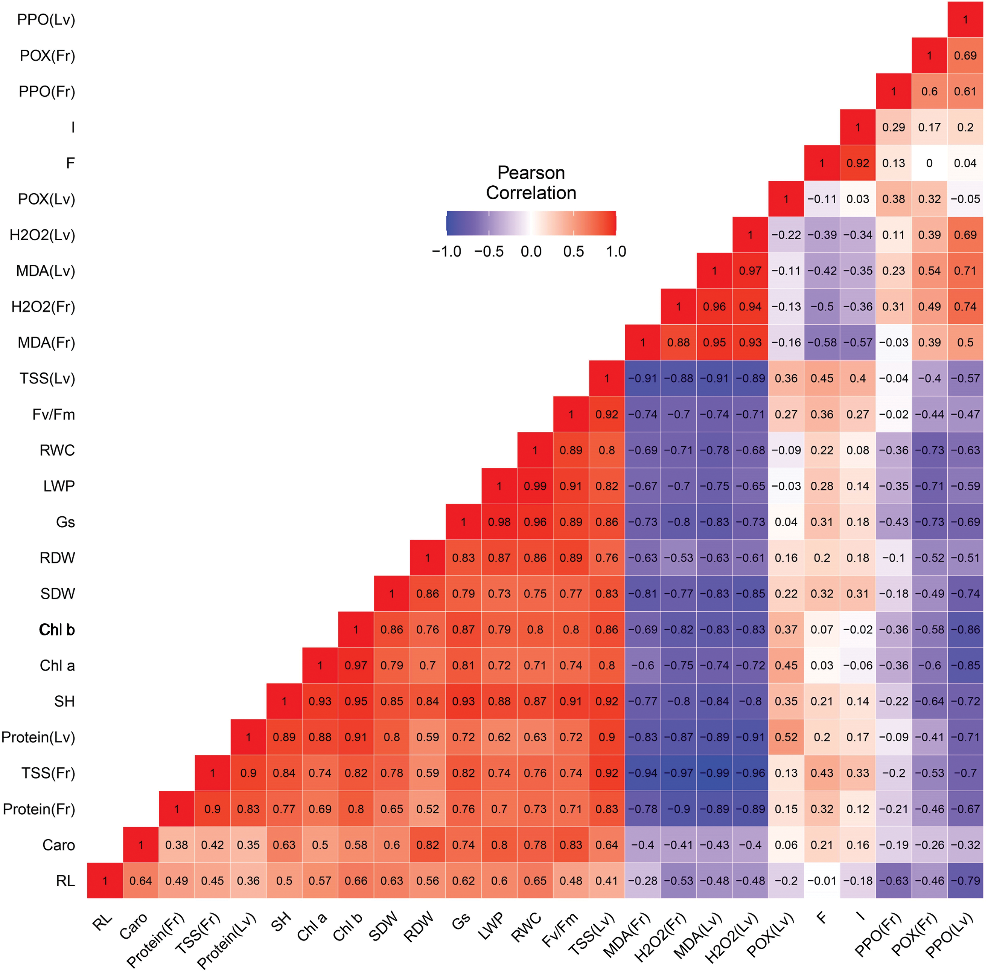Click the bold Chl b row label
click(x=57, y=630)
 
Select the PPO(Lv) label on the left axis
click(x=46, y=20)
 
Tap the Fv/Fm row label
click(x=53, y=415)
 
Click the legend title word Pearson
click(x=531, y=173)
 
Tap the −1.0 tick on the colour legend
click(x=446, y=252)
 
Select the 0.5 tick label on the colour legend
click(x=574, y=252)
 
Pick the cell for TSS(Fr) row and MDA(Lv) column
click(x=714, y=773)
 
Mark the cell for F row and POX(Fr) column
click(x=929, y=163)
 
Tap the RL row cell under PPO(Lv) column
click(x=965, y=881)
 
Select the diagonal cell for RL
click(x=105, y=881)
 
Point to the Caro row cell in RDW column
click(x=428, y=845)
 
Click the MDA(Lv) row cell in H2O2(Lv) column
click(x=750, y=271)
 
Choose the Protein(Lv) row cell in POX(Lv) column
click(x=786, y=737)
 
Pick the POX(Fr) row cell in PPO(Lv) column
click(x=965, y=56)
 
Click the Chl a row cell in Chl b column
click(x=356, y=666)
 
